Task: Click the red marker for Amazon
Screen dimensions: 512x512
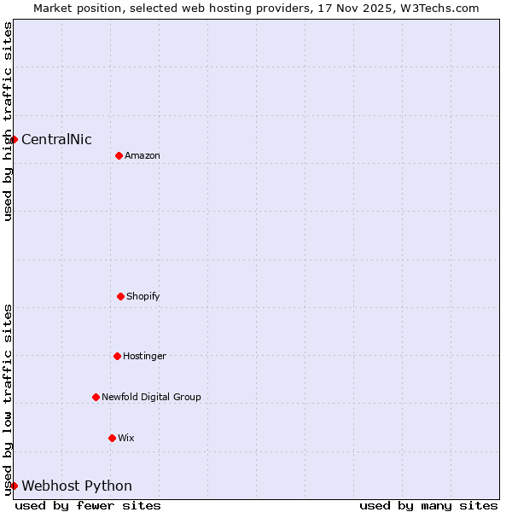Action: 119,155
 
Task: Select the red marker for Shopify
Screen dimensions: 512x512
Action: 120,296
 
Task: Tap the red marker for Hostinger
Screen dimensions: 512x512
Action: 117,356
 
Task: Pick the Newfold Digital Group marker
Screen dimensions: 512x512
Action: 96,397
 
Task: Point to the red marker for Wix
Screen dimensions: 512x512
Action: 112,438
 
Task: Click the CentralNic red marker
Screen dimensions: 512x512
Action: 14,139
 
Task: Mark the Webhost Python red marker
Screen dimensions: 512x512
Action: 14,486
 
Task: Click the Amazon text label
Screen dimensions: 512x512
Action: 143,155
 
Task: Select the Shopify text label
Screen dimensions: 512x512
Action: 143,296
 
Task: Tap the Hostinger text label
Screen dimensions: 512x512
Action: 144,356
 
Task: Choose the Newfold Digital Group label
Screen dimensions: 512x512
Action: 151,397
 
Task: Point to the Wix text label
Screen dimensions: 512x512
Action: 126,438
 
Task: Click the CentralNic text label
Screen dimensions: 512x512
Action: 56,140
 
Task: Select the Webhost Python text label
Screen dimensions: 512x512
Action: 77,486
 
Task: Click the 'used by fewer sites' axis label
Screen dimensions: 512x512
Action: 88,506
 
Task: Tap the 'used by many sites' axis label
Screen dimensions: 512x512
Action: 428,506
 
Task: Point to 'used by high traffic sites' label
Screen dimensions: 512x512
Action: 8,121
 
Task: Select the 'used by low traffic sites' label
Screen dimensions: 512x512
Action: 8,399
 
